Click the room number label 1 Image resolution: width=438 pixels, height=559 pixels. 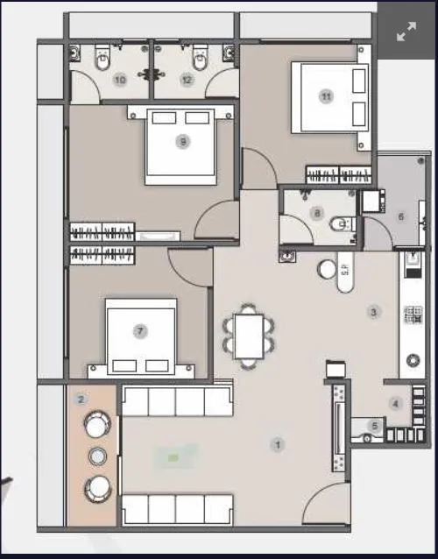pos(278,445)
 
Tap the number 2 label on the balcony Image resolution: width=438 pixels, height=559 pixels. pos(81,400)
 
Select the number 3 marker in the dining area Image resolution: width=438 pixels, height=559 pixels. pos(373,311)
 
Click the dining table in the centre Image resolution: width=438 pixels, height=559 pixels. pos(249,335)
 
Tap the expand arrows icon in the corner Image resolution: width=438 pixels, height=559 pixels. pos(406,32)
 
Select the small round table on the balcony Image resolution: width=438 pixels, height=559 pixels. pos(98,456)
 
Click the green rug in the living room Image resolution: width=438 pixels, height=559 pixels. pos(173,456)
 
